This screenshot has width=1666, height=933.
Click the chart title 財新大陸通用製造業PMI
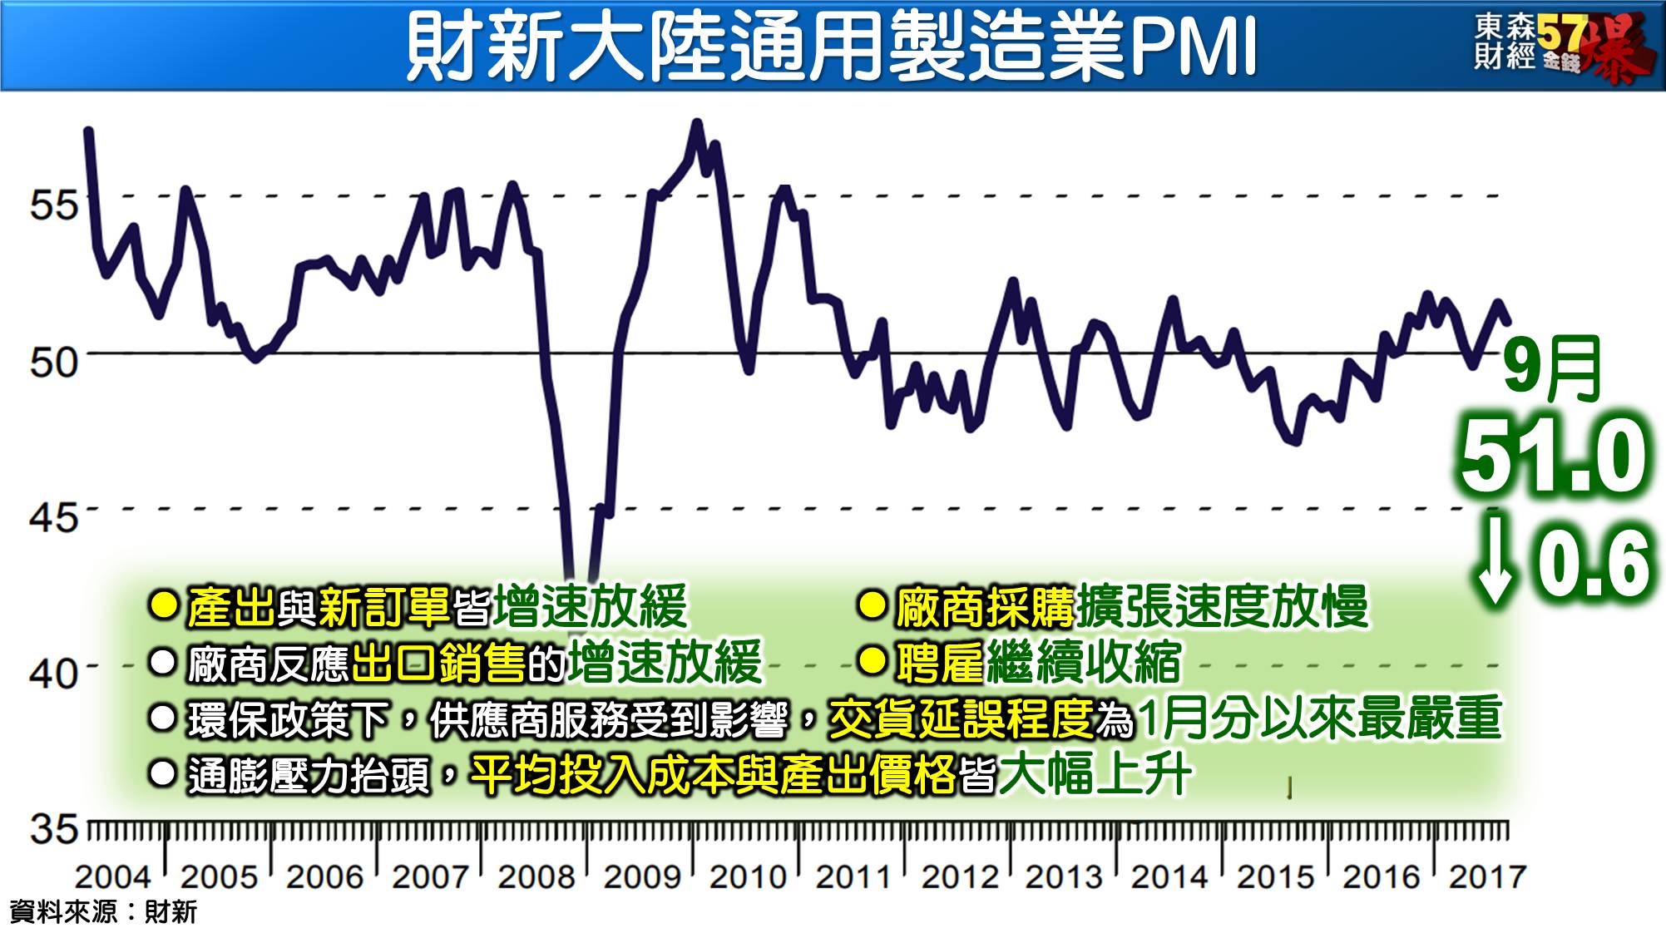[x=830, y=47]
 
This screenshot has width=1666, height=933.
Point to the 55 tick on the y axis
[x=53, y=204]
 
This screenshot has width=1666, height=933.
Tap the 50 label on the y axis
[x=53, y=362]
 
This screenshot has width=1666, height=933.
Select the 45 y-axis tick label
[x=53, y=517]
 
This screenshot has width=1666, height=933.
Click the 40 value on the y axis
[x=53, y=673]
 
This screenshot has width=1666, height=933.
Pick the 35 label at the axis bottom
[x=53, y=829]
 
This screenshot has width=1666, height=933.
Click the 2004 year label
[x=112, y=876]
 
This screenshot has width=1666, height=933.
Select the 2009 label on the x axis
[x=641, y=876]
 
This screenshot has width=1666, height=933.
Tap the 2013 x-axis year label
[x=1063, y=876]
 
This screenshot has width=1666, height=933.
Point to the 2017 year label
[x=1487, y=876]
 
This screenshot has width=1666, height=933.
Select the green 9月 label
[x=1552, y=369]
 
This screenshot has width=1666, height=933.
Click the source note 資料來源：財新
[x=103, y=912]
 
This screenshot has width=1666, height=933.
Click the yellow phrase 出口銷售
[x=439, y=663]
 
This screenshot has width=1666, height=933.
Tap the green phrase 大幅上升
[x=1095, y=775]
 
